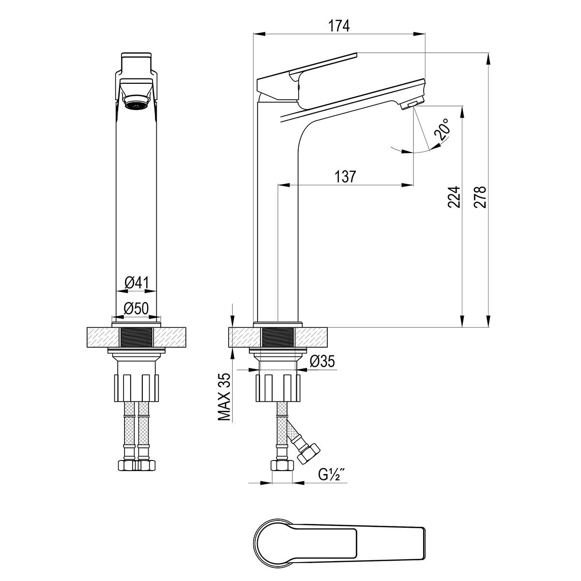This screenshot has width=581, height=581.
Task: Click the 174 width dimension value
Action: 339,26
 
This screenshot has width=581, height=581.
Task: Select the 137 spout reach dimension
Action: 345,176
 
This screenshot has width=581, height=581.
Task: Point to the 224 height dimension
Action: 454,197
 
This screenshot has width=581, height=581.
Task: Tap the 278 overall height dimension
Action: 480,197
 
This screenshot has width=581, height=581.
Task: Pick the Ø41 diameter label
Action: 137,283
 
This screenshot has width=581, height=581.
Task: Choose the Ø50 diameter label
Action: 137,308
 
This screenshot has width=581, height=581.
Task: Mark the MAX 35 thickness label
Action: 224,397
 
